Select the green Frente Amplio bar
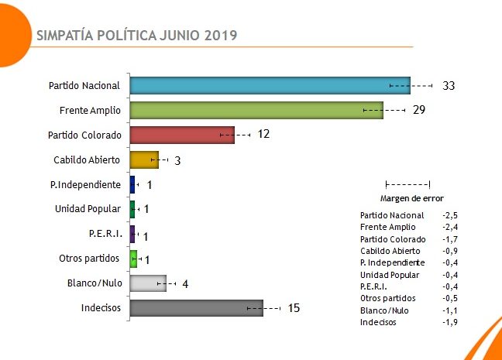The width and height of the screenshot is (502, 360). pos(256,110)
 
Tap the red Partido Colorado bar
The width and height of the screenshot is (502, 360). pos(181,135)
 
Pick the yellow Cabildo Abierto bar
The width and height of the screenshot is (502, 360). pos(143,160)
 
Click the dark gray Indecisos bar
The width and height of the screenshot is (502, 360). pos(196,308)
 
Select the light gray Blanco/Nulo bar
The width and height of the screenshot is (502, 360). pos(147,283)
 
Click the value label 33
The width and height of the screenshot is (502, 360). pos(449,85)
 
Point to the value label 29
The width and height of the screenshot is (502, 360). pos(419,110)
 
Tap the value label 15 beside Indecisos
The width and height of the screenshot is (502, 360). pos(293,308)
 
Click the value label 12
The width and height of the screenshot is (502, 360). pos(263,135)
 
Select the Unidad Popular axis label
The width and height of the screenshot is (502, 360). pos(88,209)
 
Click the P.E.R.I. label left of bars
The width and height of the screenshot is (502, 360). pos(105,234)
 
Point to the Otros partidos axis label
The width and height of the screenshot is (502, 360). pos(90,259)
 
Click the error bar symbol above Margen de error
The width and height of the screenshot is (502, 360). pos(407,184)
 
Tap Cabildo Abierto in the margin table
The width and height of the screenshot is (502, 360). pos(390,251)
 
